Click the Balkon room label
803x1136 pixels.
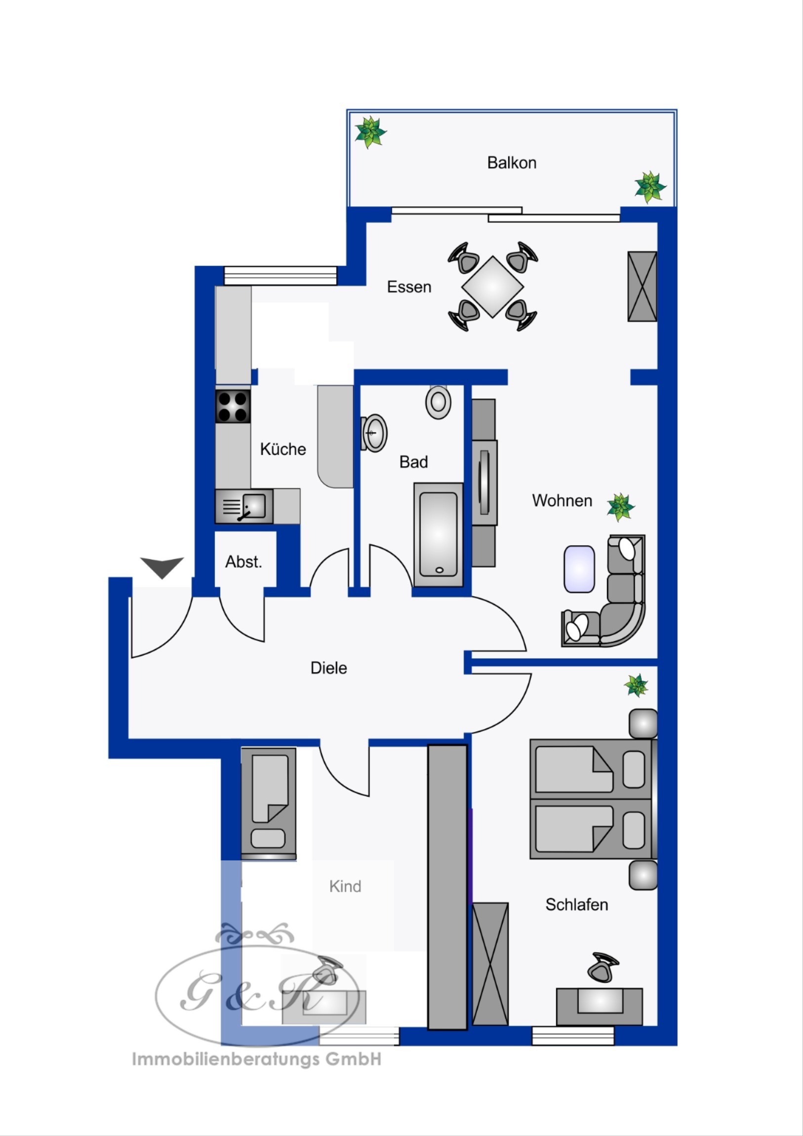[512, 163]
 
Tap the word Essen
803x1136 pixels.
[409, 287]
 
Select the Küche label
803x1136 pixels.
[283, 449]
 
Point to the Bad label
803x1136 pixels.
[414, 462]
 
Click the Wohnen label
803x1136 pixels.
[562, 500]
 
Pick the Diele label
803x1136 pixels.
[328, 667]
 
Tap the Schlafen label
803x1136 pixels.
[576, 904]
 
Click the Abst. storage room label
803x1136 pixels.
[243, 562]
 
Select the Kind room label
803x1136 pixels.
[345, 886]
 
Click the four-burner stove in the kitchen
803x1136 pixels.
[233, 406]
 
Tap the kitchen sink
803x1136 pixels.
[244, 506]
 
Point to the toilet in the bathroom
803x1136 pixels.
[438, 401]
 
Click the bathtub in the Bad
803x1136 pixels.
[439, 534]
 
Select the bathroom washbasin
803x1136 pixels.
[374, 433]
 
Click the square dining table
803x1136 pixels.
[492, 286]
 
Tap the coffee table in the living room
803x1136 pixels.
[579, 568]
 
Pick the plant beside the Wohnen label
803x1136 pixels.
[621, 507]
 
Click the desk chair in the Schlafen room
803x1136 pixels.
[602, 967]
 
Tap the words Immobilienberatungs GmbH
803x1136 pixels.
[257, 1059]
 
